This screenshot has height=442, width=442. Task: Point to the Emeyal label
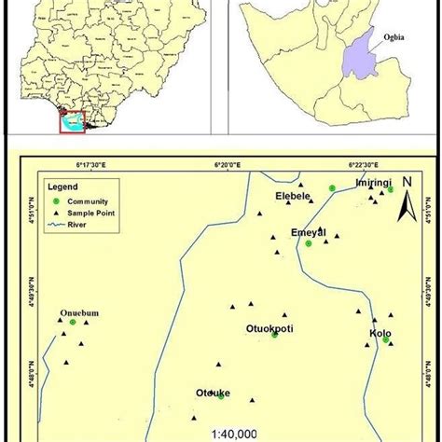(x=308, y=232)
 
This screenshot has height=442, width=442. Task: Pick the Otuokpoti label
(x=272, y=327)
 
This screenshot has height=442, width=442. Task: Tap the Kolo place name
(x=380, y=333)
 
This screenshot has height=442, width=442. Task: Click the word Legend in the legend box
(x=61, y=189)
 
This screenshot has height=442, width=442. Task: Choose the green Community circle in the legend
(x=56, y=200)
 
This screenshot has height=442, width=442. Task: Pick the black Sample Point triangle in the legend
(x=56, y=213)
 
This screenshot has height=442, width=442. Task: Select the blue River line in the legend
(x=56, y=225)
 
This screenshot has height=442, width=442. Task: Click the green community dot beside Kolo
(x=386, y=339)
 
